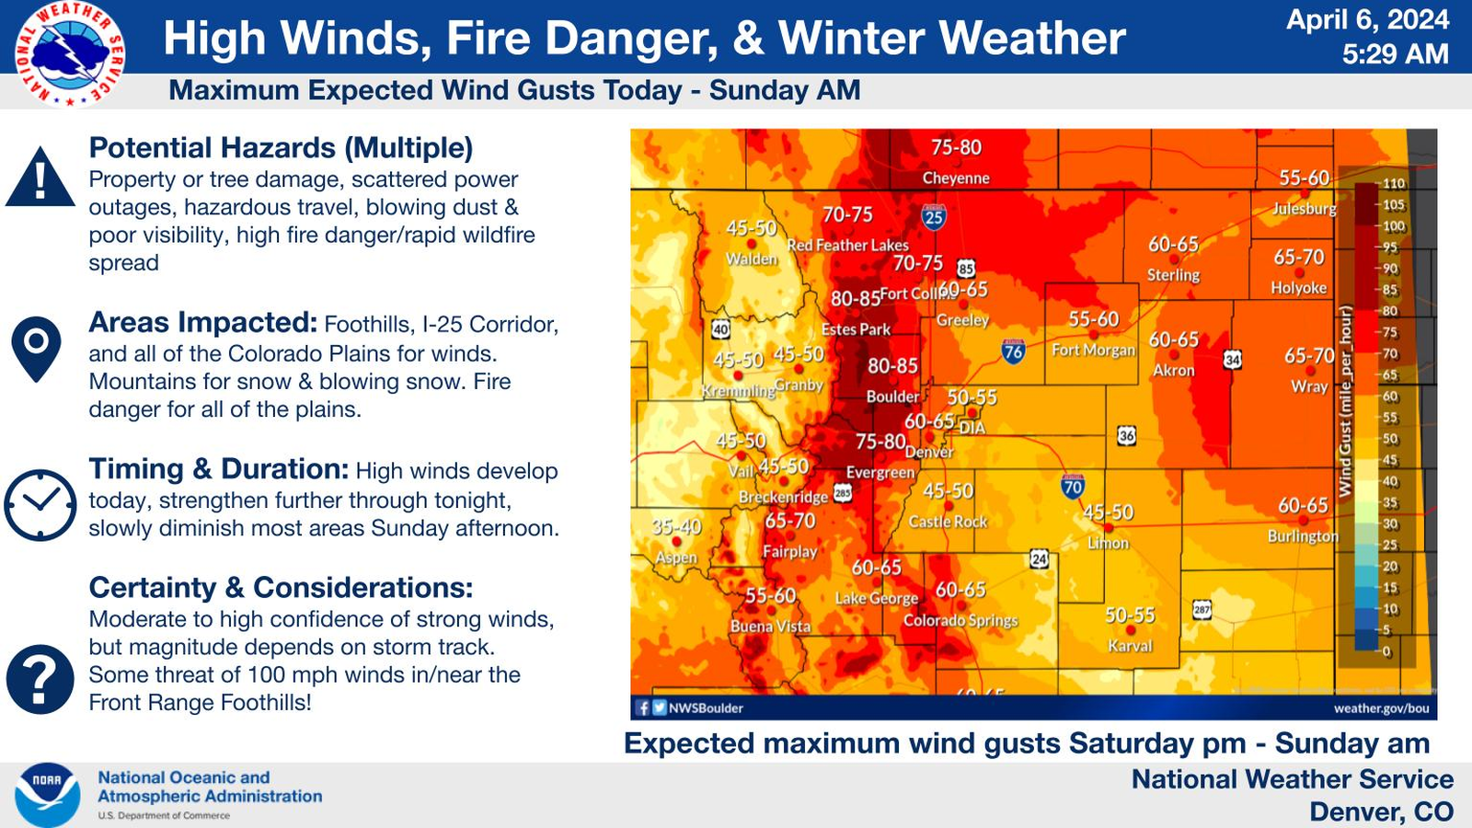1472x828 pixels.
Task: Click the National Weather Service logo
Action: pos(70,53)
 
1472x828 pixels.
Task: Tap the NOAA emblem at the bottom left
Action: pos(46,794)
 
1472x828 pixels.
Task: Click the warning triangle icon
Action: pos(40,178)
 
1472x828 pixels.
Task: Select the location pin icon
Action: pos(36,348)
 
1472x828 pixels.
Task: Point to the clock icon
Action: pos(40,505)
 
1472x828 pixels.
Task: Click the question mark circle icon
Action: pos(40,679)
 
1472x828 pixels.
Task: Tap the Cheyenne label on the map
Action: pos(956,178)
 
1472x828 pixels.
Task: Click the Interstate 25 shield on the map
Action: pos(934,217)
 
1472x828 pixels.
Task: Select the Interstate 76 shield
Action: pos(1013,351)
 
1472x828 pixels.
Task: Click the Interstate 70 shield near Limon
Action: pos(1072,487)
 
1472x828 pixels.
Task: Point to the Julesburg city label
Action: pos(1304,209)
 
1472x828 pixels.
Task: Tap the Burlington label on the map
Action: pos(1303,535)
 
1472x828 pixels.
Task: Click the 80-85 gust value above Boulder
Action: pos(892,366)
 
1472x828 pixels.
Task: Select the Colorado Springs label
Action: pos(960,620)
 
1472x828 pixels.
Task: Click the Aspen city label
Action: pos(676,558)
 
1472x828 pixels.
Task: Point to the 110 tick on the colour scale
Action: pos(1393,184)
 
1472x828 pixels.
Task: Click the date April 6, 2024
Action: pos(1367,19)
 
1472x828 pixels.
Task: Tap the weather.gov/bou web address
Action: pos(1381,707)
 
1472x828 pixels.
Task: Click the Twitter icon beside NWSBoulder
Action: pos(659,707)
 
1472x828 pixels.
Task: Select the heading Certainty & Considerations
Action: pos(281,587)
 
